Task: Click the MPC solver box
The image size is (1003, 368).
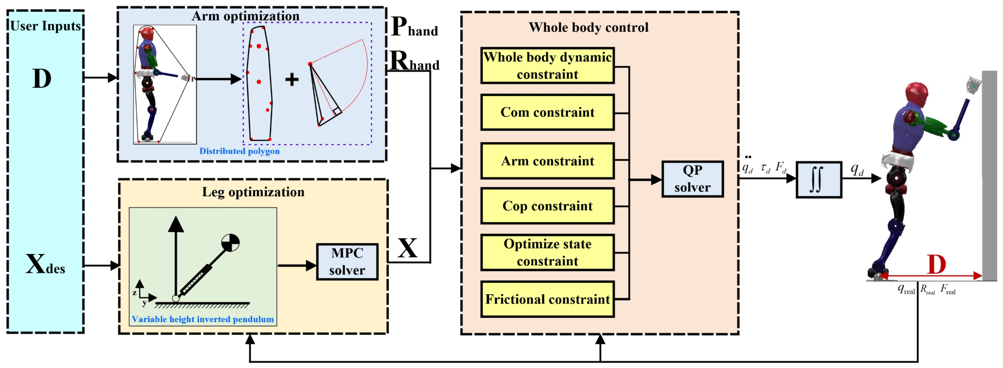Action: [x=347, y=262]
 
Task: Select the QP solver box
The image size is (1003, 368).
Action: [x=692, y=179]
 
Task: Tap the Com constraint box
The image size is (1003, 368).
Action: [x=547, y=112]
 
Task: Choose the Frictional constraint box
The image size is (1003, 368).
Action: [x=547, y=299]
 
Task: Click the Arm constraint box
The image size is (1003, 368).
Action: [x=547, y=161]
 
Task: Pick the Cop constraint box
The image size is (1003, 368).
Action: [x=547, y=206]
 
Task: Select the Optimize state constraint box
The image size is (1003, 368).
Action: [x=547, y=252]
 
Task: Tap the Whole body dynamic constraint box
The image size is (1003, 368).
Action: [x=547, y=66]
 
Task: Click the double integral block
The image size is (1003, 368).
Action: [x=819, y=179]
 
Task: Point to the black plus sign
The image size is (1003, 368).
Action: [x=292, y=79]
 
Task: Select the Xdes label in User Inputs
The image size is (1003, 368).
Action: [x=45, y=265]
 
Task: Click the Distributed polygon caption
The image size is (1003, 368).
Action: [x=239, y=151]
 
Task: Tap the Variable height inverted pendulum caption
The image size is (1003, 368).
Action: [x=202, y=319]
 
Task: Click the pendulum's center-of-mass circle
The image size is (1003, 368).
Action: [x=230, y=242]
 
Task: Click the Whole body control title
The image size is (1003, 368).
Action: [x=588, y=27]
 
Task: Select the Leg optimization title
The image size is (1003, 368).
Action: [x=253, y=192]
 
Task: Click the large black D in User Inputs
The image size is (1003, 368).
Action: [x=42, y=79]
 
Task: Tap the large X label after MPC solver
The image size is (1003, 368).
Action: [x=407, y=249]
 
